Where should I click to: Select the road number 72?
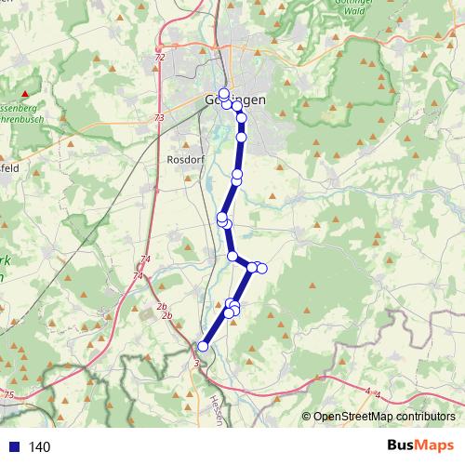[160, 58]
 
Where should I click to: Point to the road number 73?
[160, 118]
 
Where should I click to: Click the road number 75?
[8, 397]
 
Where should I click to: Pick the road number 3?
[196, 364]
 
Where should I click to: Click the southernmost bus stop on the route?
[203, 347]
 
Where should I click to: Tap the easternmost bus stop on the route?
[261, 268]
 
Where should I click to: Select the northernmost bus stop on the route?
[223, 93]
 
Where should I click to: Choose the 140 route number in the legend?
[40, 447]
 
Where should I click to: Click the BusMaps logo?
[419, 446]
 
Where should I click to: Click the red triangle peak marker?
[25, 95]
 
